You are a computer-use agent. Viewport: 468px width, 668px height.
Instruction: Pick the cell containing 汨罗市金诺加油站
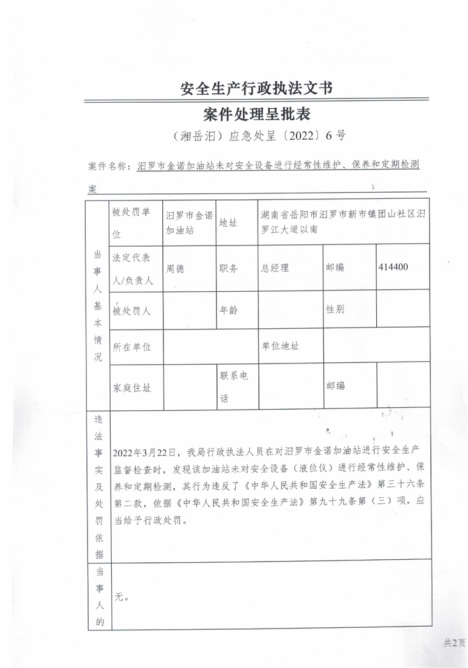189,222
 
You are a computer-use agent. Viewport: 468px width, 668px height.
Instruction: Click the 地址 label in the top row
229,223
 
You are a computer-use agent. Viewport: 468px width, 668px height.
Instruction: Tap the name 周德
175,268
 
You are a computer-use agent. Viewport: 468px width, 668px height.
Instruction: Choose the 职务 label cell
229,268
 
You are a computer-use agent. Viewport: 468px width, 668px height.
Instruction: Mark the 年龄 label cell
229,309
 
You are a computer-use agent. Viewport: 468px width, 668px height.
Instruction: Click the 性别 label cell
336,309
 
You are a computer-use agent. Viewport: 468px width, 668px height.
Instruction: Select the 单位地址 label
280,346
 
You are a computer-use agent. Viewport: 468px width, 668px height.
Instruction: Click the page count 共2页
453,642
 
